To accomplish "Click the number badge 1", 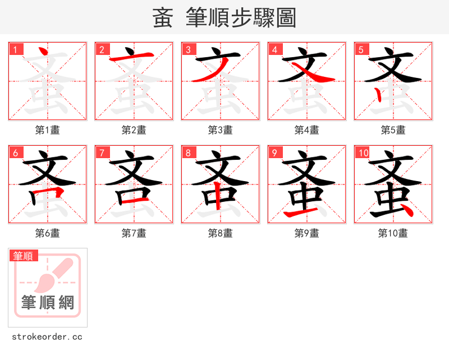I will pos(15,49).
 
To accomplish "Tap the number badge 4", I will pos(274,49).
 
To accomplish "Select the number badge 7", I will pos(102,153).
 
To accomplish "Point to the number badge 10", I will pos(363,153).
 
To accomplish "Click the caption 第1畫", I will pos(48,130).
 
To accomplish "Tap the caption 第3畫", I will pos(221,130).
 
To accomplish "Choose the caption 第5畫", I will pos(393,130).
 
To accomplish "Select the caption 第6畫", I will pos(48,233).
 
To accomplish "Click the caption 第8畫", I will pos(221,233).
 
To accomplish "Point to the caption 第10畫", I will pos(393,233).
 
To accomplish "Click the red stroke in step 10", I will pos(406,210).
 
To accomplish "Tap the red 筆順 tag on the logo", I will pos(24,256).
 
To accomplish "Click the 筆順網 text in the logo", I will pos(48,303).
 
